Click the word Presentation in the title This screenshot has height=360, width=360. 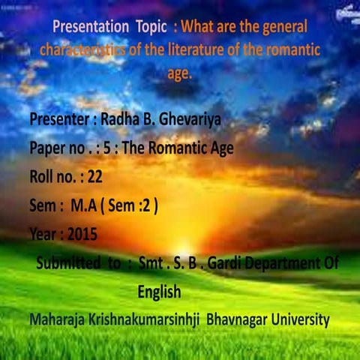(91, 26)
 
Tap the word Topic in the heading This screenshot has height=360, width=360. (155, 26)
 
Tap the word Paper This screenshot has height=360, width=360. (48, 148)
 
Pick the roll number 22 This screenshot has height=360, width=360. (94, 177)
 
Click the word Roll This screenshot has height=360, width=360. (43, 177)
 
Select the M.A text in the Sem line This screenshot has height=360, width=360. (85, 205)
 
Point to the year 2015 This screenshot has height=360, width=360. (82, 234)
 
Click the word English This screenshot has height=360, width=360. (159, 291)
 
